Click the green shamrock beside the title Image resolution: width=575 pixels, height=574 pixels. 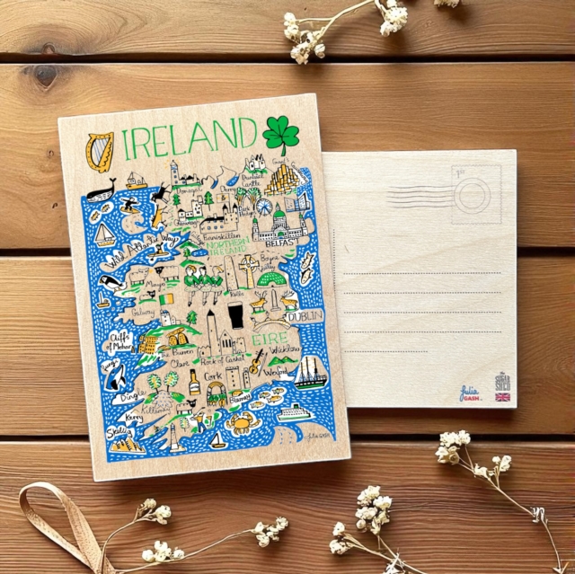tap(280, 135)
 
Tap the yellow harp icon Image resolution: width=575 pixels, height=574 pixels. tap(100, 149)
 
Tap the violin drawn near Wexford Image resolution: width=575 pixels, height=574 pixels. tap(257, 361)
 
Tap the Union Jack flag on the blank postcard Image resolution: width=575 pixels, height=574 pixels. tap(501, 396)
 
